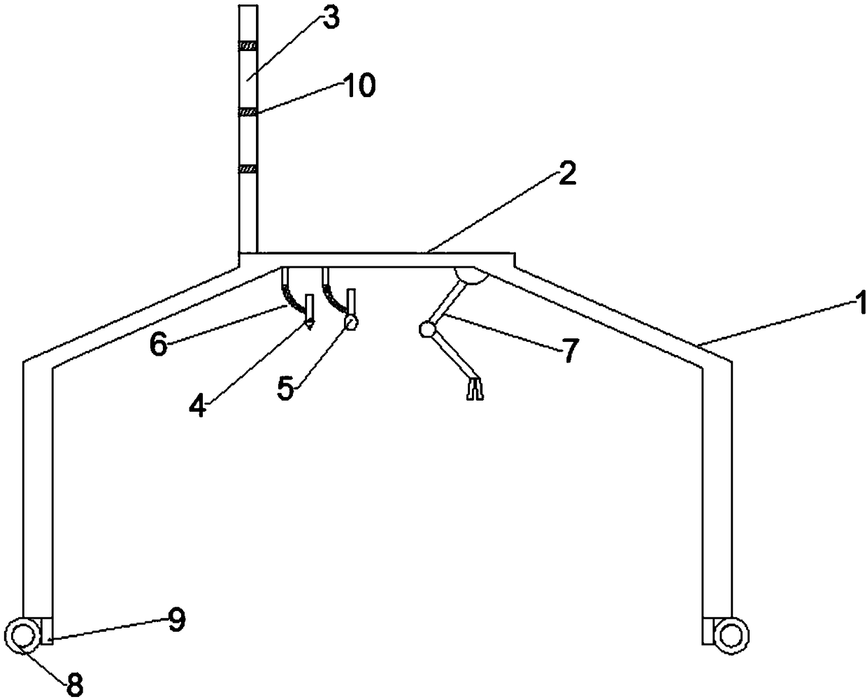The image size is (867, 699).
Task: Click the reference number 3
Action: [x=331, y=19]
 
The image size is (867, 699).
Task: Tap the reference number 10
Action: [x=358, y=87]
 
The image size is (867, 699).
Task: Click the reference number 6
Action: [x=158, y=345]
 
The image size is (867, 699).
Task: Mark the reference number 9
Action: [x=176, y=619]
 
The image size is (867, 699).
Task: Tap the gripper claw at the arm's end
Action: [x=474, y=389]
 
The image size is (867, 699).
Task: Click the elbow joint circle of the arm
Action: [x=426, y=329]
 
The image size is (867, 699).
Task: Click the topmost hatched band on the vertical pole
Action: [x=248, y=46]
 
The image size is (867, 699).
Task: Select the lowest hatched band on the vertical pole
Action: [x=248, y=168]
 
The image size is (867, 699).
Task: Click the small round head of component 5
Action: [x=350, y=322]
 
